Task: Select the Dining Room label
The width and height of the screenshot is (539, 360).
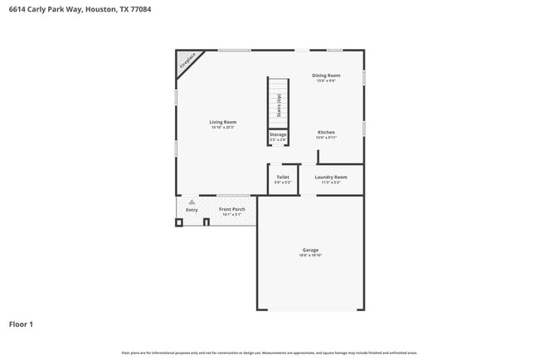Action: (326, 75)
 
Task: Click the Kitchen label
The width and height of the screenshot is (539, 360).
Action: (326, 133)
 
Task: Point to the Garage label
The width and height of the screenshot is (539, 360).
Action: (310, 250)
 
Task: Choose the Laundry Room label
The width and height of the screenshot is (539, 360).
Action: (330, 177)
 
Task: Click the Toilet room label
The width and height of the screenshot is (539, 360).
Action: (283, 177)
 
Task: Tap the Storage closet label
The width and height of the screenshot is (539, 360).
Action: (278, 134)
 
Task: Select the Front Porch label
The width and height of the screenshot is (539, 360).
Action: (231, 209)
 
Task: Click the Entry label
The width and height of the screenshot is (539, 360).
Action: (192, 210)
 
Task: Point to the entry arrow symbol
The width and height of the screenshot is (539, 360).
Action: (192, 202)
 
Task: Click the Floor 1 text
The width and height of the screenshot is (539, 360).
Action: (21, 324)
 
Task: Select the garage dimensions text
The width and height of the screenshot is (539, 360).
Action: (310, 255)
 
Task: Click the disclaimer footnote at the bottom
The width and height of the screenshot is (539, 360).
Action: (269, 353)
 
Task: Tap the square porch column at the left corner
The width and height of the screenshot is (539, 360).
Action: (178, 222)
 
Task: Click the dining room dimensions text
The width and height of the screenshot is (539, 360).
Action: (326, 80)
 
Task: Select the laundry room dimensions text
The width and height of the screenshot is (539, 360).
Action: (330, 182)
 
